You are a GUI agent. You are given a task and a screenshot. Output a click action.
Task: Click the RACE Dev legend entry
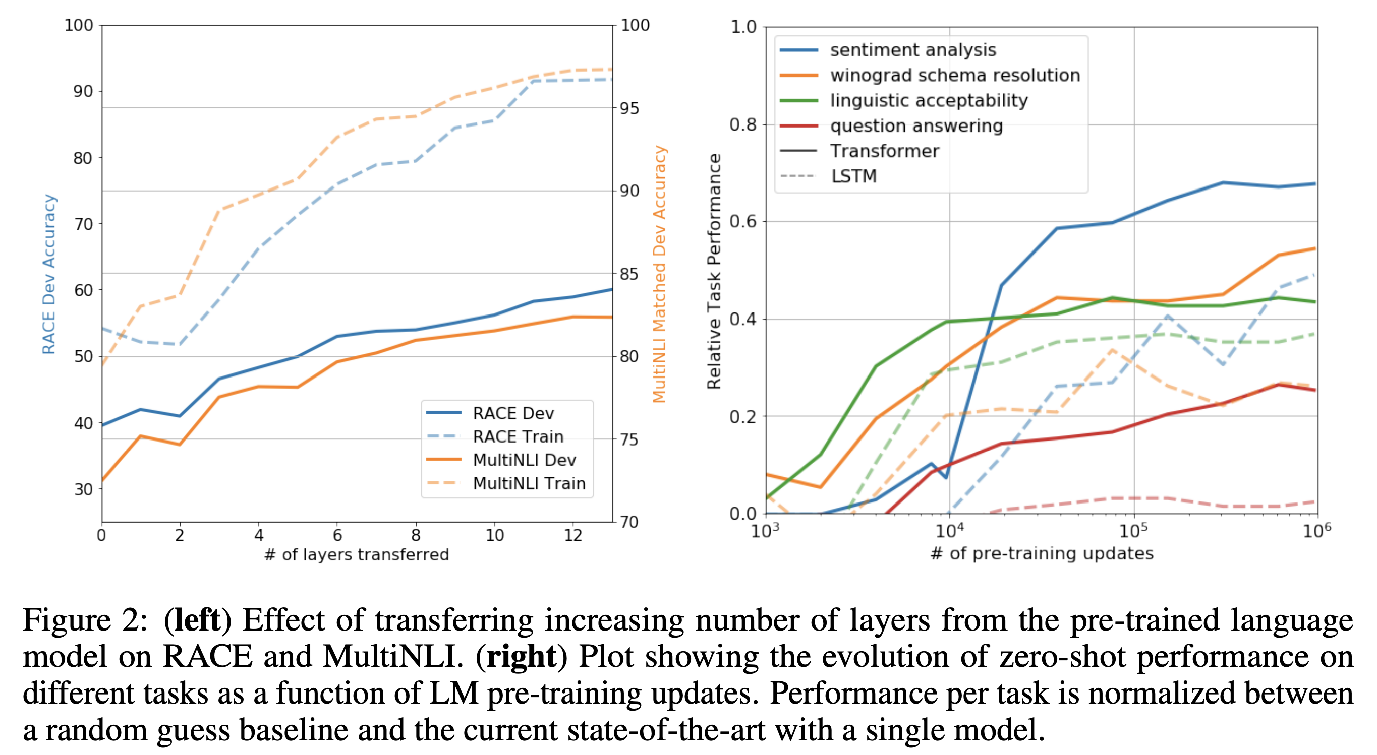[513, 413]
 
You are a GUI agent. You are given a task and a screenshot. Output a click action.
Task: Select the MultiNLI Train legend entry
[529, 483]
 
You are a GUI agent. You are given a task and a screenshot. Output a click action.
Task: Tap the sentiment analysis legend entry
[912, 50]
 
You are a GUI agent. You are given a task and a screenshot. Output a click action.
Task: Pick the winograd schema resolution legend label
[955, 75]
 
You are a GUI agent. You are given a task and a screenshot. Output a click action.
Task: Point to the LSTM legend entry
[853, 176]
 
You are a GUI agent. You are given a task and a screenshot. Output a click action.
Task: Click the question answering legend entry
[916, 125]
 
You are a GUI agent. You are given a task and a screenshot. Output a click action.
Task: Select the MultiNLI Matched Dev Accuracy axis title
[660, 274]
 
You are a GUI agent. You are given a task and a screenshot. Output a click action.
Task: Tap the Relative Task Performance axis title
[714, 272]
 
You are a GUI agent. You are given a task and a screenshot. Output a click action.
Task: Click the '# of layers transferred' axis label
[357, 554]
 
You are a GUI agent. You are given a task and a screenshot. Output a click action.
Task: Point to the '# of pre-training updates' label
[1042, 553]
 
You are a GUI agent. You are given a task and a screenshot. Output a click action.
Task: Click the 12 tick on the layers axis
[573, 535]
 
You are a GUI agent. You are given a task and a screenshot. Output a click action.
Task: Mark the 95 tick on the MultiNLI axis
[629, 108]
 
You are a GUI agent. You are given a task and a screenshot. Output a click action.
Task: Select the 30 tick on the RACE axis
[83, 489]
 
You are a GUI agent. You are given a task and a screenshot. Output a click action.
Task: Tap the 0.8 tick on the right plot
[743, 124]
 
